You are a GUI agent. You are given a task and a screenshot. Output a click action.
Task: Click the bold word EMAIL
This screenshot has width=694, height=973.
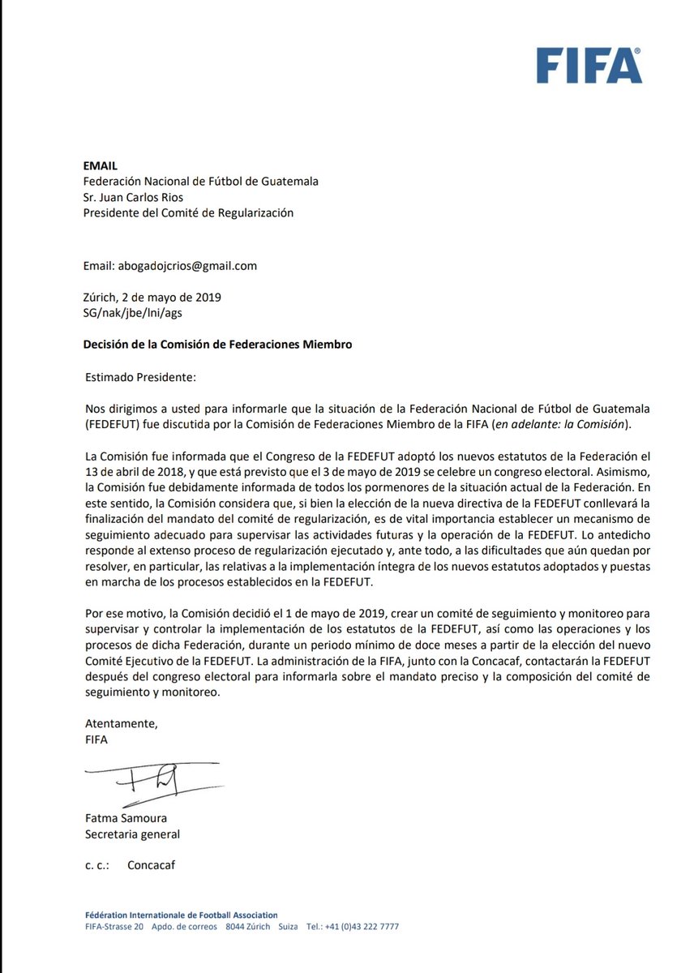tap(101, 165)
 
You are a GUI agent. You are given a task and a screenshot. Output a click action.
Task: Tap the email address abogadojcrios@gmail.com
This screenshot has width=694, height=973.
tap(170, 265)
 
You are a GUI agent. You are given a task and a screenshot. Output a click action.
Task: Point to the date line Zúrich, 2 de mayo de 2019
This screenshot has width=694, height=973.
tap(152, 297)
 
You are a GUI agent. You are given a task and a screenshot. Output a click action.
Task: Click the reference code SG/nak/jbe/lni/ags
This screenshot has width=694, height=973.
tap(139, 312)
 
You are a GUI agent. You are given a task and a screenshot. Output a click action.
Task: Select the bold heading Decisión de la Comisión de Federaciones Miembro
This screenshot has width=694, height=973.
tap(217, 344)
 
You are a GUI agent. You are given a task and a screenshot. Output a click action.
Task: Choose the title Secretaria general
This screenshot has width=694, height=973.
tap(132, 834)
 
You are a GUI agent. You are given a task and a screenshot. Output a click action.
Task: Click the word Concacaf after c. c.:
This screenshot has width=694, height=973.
tap(151, 865)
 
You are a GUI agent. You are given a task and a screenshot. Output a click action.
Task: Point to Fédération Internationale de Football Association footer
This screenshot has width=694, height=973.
tap(181, 914)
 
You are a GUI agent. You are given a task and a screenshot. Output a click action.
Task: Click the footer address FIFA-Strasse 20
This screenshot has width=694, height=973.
tap(114, 927)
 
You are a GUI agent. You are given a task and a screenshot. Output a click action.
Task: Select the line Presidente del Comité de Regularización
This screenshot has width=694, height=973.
tap(188, 212)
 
